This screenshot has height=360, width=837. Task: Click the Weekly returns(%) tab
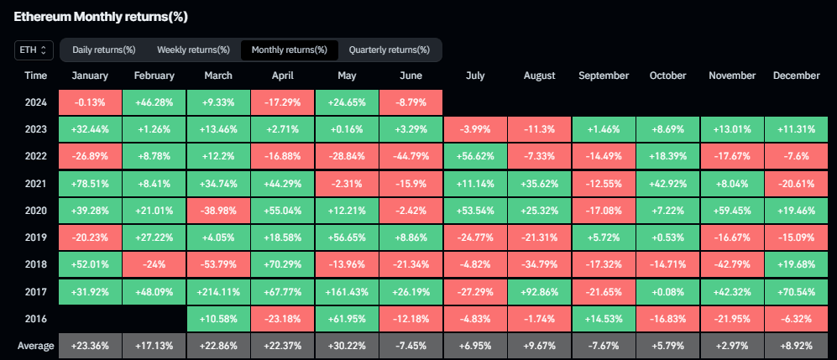193,50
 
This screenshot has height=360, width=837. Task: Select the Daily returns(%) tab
104,50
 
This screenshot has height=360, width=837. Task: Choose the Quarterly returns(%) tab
390,50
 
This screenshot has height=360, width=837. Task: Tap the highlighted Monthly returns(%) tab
290,50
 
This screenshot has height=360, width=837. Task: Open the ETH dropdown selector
34,50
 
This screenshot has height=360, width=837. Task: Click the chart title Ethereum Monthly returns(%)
107,16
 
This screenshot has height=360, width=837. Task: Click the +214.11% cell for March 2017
218,292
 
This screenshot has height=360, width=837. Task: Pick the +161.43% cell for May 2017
347,292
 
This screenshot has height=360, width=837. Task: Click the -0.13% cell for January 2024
90,103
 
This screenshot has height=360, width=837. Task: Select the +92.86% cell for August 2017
539,292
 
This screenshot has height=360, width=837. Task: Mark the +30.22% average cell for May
347,346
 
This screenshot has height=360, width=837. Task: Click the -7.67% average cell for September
603,346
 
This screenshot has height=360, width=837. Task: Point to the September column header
603,76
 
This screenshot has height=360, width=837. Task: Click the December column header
795,76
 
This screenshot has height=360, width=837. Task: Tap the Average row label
36,346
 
